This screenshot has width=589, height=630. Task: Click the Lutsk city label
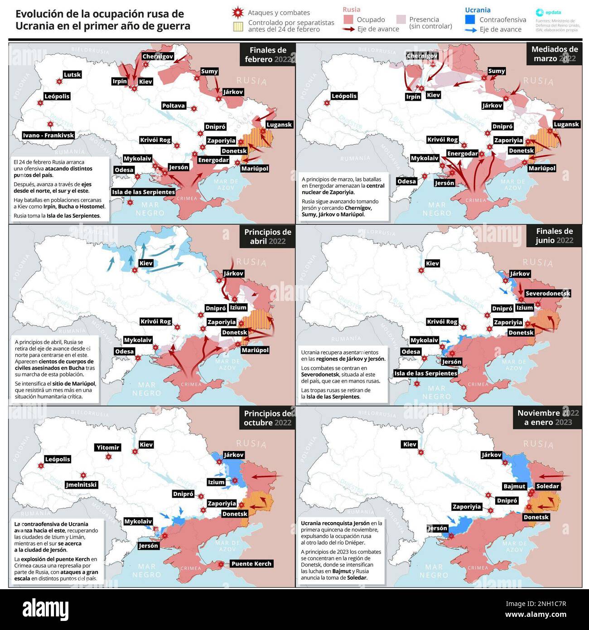tap(72, 75)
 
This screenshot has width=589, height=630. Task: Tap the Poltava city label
tap(174, 106)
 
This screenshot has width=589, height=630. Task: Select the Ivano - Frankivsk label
tap(48, 135)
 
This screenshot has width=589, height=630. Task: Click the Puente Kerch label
tap(251, 564)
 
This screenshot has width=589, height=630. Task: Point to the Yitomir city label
tap(108, 447)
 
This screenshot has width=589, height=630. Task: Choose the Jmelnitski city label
tap(81, 485)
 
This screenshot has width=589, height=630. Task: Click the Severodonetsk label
tap(548, 294)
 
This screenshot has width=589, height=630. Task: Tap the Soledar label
tap(547, 486)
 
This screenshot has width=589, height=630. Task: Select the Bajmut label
tap(514, 486)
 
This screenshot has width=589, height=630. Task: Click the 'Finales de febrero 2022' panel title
tap(268, 55)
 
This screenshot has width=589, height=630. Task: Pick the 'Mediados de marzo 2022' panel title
tap(554, 54)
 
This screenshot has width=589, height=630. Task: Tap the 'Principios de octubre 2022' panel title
tap(267, 418)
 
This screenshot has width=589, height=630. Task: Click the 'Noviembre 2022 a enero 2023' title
tap(548, 417)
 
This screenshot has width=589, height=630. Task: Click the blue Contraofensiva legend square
tap(470, 19)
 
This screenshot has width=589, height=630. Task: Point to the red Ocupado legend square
tap(348, 19)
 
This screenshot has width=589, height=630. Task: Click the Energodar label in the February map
tap(213, 160)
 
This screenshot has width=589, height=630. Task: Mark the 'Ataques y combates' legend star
tap(236, 12)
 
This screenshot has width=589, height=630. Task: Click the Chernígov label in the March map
tap(422, 56)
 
